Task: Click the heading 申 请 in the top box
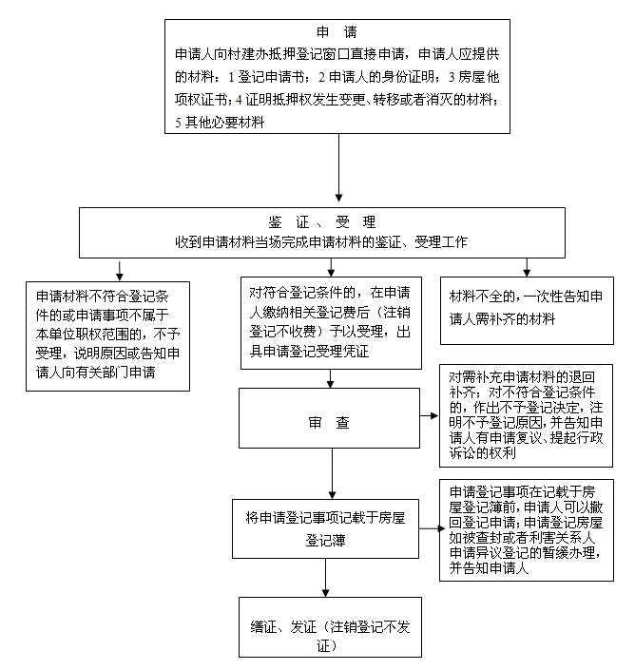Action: (x=337, y=32)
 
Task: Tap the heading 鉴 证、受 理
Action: (x=322, y=222)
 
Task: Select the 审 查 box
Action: (x=329, y=418)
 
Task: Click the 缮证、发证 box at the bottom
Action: (x=330, y=627)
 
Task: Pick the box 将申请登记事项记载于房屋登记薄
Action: (x=325, y=528)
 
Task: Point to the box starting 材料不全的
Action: (x=527, y=311)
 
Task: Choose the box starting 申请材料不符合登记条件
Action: (x=107, y=336)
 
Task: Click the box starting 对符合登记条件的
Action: (x=331, y=323)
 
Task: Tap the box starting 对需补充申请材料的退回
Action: (x=526, y=415)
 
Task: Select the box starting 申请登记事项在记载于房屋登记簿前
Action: (x=527, y=530)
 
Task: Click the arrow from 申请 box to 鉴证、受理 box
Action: (x=338, y=167)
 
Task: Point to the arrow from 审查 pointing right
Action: (x=430, y=415)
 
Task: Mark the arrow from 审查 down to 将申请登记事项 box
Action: (x=332, y=473)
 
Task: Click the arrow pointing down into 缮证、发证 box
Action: (x=326, y=578)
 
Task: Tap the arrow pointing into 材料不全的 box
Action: (x=527, y=267)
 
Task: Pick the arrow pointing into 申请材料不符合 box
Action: (x=120, y=270)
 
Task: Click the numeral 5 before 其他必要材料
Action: (x=178, y=123)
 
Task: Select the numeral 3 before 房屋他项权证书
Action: (x=452, y=77)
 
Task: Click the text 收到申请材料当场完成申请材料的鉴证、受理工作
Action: (x=321, y=242)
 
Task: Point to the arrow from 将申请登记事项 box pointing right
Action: (x=432, y=528)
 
